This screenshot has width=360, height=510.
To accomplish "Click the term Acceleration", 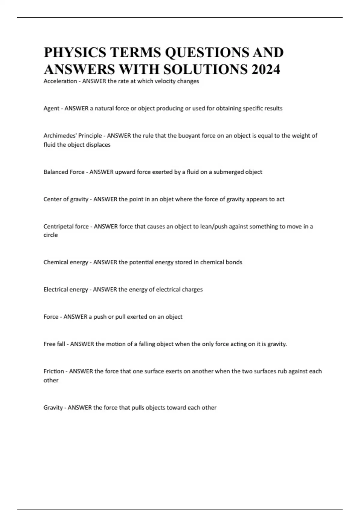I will tap(60, 81).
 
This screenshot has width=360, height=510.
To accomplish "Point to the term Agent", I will tap(51, 109).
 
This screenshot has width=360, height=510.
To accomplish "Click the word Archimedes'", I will tap(60, 136).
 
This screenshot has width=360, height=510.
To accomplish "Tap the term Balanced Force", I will tap(64, 172).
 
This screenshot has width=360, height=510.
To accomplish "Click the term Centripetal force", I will tap(66, 226).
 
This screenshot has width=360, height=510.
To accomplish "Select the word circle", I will tap(50, 235).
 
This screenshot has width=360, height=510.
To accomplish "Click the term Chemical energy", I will tap(66, 262).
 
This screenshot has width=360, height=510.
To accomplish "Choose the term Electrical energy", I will tap(66, 290).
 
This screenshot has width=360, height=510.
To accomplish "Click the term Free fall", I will tap(54, 344).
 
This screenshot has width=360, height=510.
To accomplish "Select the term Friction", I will tap(54, 371).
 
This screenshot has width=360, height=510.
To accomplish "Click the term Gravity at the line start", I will tap(53, 408).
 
